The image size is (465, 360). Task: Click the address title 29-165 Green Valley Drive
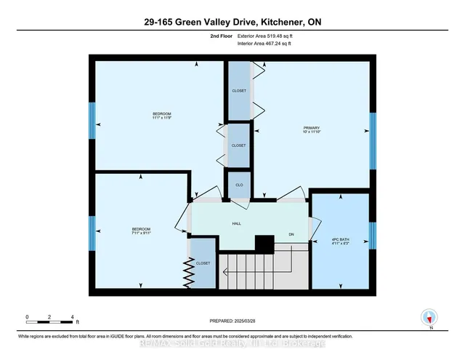click(232, 23)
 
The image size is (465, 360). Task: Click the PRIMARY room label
click(311, 128)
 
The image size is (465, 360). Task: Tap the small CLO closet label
click(239, 185)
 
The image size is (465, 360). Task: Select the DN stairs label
click(291, 234)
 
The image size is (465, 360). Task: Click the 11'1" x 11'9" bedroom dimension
click(161, 118)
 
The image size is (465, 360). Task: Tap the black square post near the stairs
click(264, 245)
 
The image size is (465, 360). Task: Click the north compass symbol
click(429, 317)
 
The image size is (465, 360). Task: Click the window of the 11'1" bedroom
click(92, 119)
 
